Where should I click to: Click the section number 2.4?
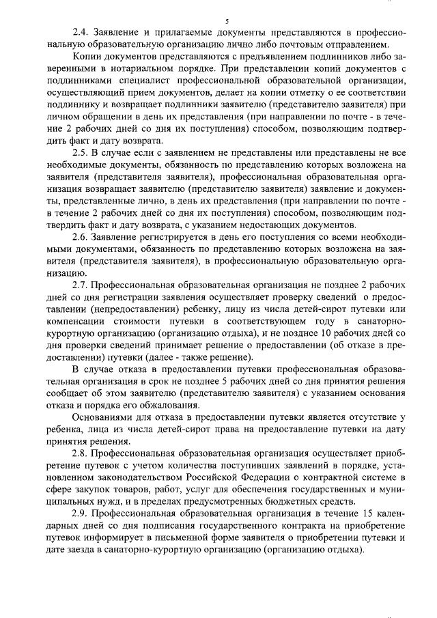[x=81, y=33]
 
